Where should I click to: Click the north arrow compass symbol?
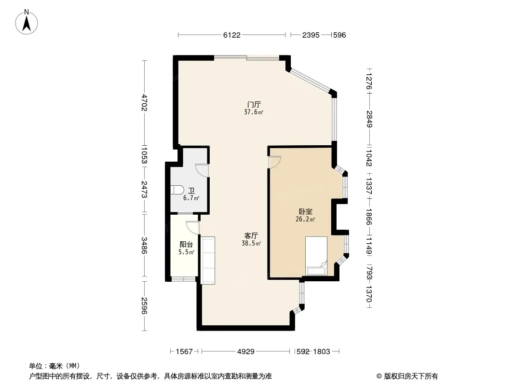pyautogui.click(x=27, y=22)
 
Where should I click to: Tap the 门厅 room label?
pyautogui.click(x=254, y=105)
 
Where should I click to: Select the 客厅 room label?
pyautogui.click(x=251, y=236)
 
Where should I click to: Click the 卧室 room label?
pyautogui.click(x=305, y=212)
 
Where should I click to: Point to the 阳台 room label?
pyautogui.click(x=186, y=245)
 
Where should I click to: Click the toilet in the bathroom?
pyautogui.click(x=177, y=190)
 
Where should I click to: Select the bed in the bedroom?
pyautogui.click(x=316, y=256)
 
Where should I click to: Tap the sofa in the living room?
pyautogui.click(x=207, y=260)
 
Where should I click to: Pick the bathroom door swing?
pyautogui.click(x=202, y=170)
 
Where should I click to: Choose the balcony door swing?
pyautogui.click(x=193, y=228)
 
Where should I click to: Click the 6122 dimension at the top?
pyautogui.click(x=232, y=35)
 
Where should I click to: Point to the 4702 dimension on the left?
pyautogui.click(x=144, y=103)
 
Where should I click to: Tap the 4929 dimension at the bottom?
pyautogui.click(x=246, y=352)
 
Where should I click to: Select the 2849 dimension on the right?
pyautogui.click(x=369, y=119)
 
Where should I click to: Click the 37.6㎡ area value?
pyautogui.click(x=254, y=112)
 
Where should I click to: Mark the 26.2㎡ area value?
pyautogui.click(x=305, y=220)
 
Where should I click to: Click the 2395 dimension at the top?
pyautogui.click(x=311, y=35)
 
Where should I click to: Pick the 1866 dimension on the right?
pyautogui.click(x=369, y=217)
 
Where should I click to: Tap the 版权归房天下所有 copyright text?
pyautogui.click(x=411, y=376)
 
